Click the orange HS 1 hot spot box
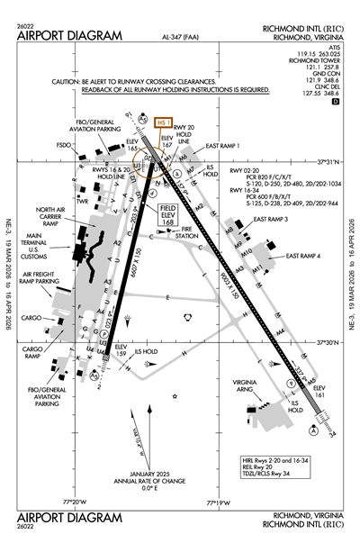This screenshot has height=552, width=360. [x=164, y=122]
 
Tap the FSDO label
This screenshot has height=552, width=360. [x=63, y=144]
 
